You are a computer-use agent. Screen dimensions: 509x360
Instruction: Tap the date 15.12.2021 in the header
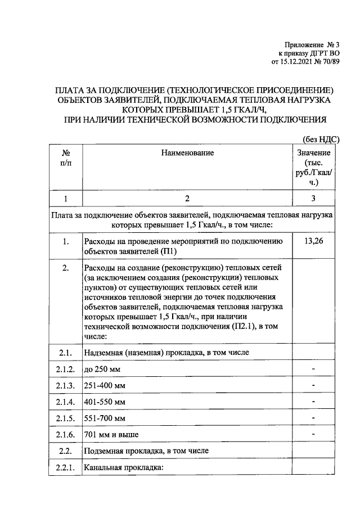(298, 62)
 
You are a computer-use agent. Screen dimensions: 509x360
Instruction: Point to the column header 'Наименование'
(187, 152)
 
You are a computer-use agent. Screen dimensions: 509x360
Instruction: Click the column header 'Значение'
(313, 152)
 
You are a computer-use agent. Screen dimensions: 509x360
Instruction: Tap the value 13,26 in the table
(313, 242)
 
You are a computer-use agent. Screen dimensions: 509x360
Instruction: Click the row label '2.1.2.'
(66, 369)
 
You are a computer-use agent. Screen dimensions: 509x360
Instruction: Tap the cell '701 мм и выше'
(111, 435)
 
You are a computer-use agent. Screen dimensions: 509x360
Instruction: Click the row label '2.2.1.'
(66, 468)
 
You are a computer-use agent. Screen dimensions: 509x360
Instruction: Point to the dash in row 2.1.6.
(313, 434)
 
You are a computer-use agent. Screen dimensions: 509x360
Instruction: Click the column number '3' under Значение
(313, 198)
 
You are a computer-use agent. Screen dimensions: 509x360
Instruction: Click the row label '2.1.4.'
(66, 402)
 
